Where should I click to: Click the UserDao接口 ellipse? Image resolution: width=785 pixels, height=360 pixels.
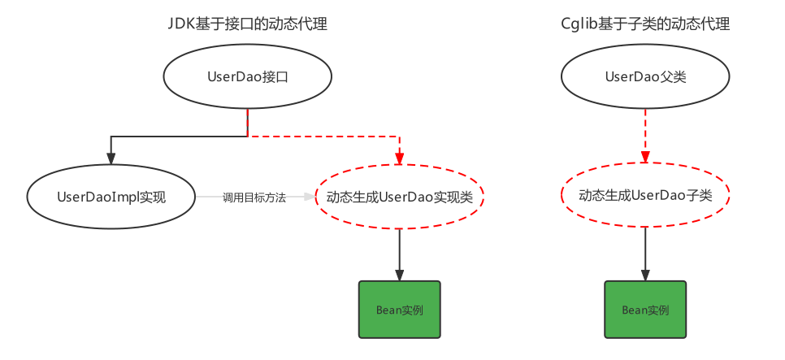(248, 77)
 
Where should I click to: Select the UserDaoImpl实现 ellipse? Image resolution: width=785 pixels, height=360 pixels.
(111, 197)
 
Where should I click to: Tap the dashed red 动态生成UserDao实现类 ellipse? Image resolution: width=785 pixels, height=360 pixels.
(399, 197)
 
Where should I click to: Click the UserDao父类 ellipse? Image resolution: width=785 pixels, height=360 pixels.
(645, 77)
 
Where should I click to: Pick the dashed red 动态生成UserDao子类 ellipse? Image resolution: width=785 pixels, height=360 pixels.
(645, 196)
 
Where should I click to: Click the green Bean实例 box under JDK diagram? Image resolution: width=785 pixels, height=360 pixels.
(399, 310)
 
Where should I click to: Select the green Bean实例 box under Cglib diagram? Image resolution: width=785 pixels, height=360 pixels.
(645, 310)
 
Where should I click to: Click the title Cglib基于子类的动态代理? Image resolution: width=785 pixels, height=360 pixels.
(645, 24)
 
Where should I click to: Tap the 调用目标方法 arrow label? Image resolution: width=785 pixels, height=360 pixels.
(254, 197)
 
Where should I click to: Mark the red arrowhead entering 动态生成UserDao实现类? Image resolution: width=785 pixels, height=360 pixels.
(399, 159)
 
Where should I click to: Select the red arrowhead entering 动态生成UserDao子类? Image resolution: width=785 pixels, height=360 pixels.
(645, 157)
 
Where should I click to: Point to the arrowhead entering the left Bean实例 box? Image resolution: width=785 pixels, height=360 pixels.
(399, 275)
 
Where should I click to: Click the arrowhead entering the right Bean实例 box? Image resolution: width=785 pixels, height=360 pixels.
(645, 275)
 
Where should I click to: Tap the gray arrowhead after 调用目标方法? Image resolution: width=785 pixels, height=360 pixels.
(310, 197)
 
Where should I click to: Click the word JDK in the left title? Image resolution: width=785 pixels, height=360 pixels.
(180, 24)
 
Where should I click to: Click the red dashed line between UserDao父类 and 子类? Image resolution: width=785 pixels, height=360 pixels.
(645, 130)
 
